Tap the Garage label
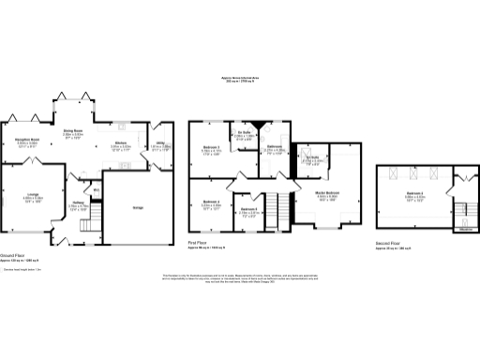tap(138, 207)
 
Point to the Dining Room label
tap(73, 132)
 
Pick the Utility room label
tap(160, 144)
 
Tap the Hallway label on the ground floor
tap(79, 204)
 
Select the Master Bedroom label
tap(326, 194)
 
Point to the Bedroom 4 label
tap(212, 203)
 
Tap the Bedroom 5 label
tap(248, 210)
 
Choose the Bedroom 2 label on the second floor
tap(416, 195)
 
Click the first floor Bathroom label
tap(274, 147)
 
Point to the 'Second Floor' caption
tap(388, 245)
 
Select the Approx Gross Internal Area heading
tap(239, 79)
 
